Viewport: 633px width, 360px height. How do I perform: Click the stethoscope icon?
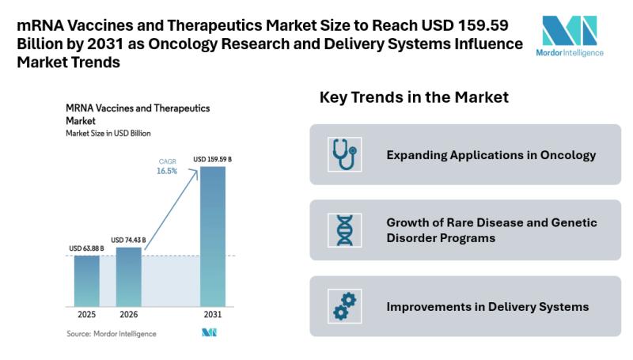pos(344,155)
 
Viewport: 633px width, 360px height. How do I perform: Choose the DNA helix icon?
pos(344,230)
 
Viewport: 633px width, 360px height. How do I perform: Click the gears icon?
pos(344,306)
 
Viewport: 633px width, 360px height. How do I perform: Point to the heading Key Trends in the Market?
pos(413,98)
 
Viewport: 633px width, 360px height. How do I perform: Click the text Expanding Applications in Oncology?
pos(491,155)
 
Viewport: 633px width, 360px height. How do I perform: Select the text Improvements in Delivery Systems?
pos(487,306)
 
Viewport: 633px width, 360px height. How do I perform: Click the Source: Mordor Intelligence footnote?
pos(111,334)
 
